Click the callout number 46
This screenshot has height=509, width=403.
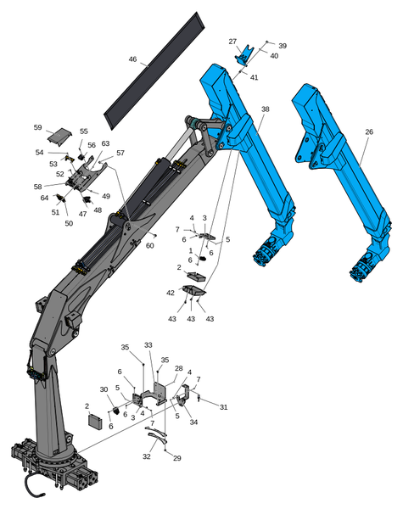point(132,59)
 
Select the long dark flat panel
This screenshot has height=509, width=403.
point(154,71)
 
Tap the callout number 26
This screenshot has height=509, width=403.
point(369,131)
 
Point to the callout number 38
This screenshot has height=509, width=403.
point(266,109)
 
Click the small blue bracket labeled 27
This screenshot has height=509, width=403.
point(243,55)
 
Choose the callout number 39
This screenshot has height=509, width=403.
point(283,46)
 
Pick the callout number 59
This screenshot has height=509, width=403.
point(37,127)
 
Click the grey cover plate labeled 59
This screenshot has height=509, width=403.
point(59,136)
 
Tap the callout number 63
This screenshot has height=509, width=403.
point(105,143)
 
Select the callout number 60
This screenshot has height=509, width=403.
point(149,246)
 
